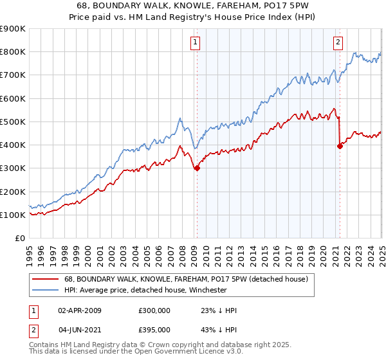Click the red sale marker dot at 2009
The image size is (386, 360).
click(x=197, y=168)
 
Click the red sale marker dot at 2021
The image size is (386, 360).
click(x=340, y=146)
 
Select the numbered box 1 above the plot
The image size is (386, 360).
click(x=195, y=43)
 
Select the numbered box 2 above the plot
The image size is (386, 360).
click(x=338, y=43)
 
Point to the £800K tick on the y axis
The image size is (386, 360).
click(x=14, y=52)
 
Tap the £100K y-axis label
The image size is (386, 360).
click(x=14, y=215)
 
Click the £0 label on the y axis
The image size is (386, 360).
click(x=19, y=239)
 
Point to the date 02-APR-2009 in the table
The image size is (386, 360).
click(x=80, y=310)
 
